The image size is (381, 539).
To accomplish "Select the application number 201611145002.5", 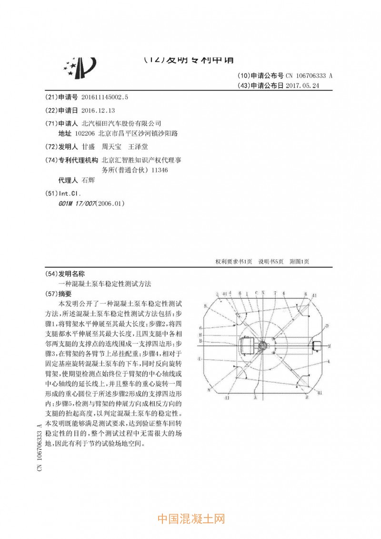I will point(105,97).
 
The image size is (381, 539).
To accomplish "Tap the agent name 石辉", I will point(89,181).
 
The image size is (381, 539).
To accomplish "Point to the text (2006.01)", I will point(110,203).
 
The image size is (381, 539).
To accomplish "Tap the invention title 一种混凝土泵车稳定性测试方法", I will point(104,284).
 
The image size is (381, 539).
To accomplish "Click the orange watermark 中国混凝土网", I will point(190,519).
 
